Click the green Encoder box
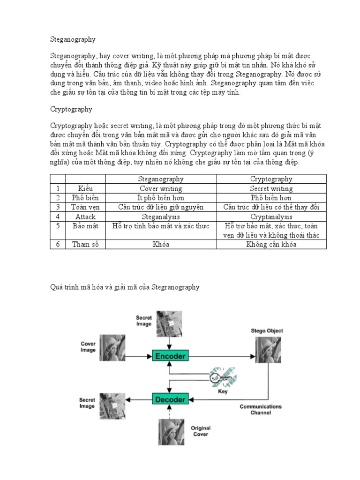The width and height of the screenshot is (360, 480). (x=170, y=356)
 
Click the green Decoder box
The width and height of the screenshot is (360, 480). (x=170, y=399)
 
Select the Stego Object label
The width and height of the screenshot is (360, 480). (x=267, y=331)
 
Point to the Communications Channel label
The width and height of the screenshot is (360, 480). (x=261, y=410)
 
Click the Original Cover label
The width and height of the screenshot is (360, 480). (x=201, y=431)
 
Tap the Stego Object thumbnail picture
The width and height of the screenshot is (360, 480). (x=267, y=351)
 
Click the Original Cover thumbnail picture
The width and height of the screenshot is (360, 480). (x=171, y=431)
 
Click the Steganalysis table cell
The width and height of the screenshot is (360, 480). (x=161, y=217)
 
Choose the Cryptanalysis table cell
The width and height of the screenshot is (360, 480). (x=271, y=217)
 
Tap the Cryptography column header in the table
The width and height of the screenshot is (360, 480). (x=271, y=179)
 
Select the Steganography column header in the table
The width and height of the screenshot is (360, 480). (x=161, y=179)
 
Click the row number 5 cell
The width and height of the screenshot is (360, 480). (x=58, y=226)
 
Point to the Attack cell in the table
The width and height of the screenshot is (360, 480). (x=85, y=217)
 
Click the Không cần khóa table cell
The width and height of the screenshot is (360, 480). (x=271, y=244)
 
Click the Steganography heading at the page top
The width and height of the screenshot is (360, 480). (x=73, y=40)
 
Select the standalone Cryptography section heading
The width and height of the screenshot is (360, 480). (x=71, y=109)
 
